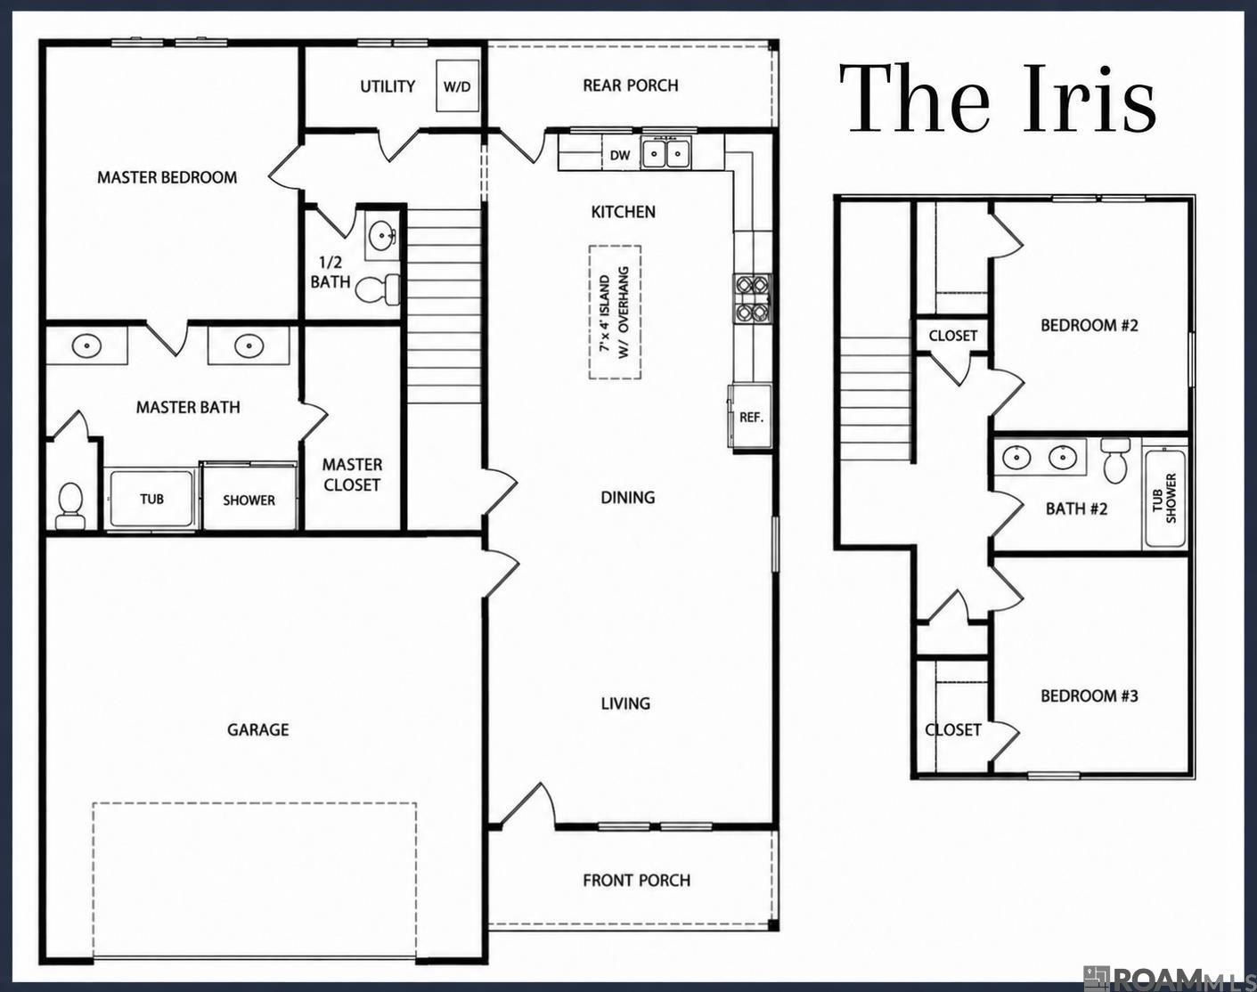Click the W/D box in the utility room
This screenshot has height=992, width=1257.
pyautogui.click(x=457, y=85)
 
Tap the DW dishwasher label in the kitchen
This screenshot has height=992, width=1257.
pyautogui.click(x=620, y=155)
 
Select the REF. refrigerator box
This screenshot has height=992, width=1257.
pyautogui.click(x=750, y=416)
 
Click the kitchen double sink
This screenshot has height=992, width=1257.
pyautogui.click(x=665, y=153)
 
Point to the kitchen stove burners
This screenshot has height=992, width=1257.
pyautogui.click(x=752, y=299)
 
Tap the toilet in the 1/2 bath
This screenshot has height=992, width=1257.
pyautogui.click(x=378, y=289)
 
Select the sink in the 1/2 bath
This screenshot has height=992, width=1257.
pyautogui.click(x=382, y=236)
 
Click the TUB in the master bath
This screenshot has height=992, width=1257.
pyautogui.click(x=151, y=500)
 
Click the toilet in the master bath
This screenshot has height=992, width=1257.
pyautogui.click(x=69, y=506)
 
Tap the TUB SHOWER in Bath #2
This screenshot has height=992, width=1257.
pyautogui.click(x=1165, y=498)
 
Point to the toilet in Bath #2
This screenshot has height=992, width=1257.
pyautogui.click(x=1115, y=460)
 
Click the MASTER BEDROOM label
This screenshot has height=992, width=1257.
pyautogui.click(x=167, y=177)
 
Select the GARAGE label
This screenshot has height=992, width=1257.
pyautogui.click(x=258, y=730)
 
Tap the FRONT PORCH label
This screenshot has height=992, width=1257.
pyautogui.click(x=637, y=881)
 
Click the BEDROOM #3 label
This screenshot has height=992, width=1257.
pyautogui.click(x=1090, y=696)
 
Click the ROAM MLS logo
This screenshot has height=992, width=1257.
pyautogui.click(x=1168, y=978)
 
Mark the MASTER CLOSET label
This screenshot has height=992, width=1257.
pyautogui.click(x=352, y=475)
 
